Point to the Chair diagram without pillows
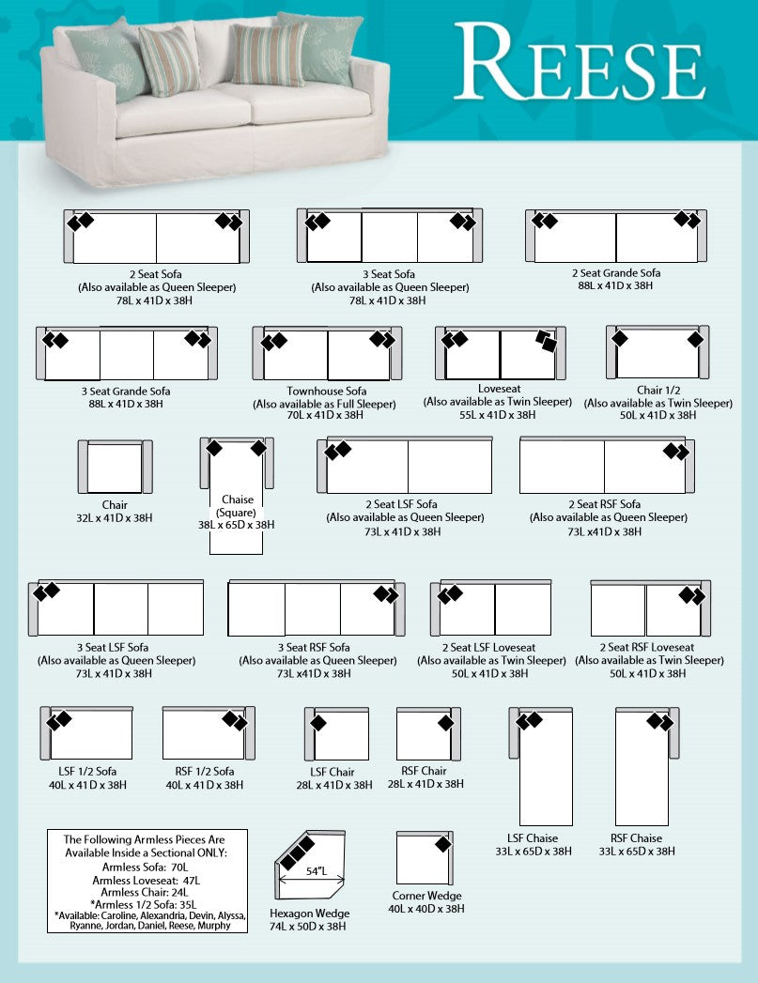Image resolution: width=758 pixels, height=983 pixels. [115, 467]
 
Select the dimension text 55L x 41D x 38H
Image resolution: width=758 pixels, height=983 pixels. [497, 414]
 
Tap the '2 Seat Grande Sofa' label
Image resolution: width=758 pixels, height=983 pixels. [615, 273]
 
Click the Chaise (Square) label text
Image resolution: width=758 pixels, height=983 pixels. [238, 506]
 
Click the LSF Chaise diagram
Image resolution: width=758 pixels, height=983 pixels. [546, 766]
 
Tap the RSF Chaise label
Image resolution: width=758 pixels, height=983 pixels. [636, 838]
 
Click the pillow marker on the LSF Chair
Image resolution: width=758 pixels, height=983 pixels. [318, 723]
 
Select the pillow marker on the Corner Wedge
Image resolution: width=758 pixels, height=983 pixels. [442, 844]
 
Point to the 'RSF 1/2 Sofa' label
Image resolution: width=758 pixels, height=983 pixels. [200, 772]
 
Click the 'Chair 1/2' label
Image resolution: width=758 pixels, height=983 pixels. [657, 391]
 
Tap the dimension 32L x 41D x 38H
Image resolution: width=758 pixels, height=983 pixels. [115, 517]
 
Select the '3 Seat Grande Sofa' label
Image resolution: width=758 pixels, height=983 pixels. [126, 391]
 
